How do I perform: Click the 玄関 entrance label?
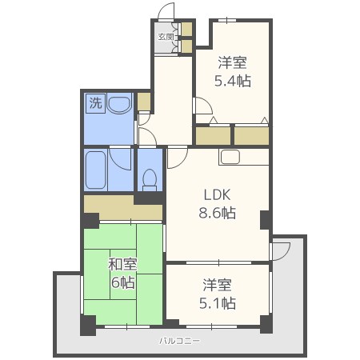coord(166,37)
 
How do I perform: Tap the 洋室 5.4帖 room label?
coord(233,71)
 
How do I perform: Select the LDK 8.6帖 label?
coord(217,204)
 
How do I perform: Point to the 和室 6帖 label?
coord(122,273)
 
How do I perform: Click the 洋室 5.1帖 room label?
coord(218,294)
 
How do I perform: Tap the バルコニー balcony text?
coord(179,341)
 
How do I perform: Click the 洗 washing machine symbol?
coord(95,103)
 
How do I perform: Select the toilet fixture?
coord(150,180)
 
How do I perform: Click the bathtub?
coord(95,170)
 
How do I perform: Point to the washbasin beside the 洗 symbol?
coord(119,103)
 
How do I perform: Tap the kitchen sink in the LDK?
coord(230,157)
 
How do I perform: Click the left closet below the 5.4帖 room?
coord(213,136)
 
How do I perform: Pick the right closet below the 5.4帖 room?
coord(251,136)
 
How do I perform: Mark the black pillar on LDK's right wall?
coord(265,220)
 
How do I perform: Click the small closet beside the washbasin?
coord(144,102)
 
